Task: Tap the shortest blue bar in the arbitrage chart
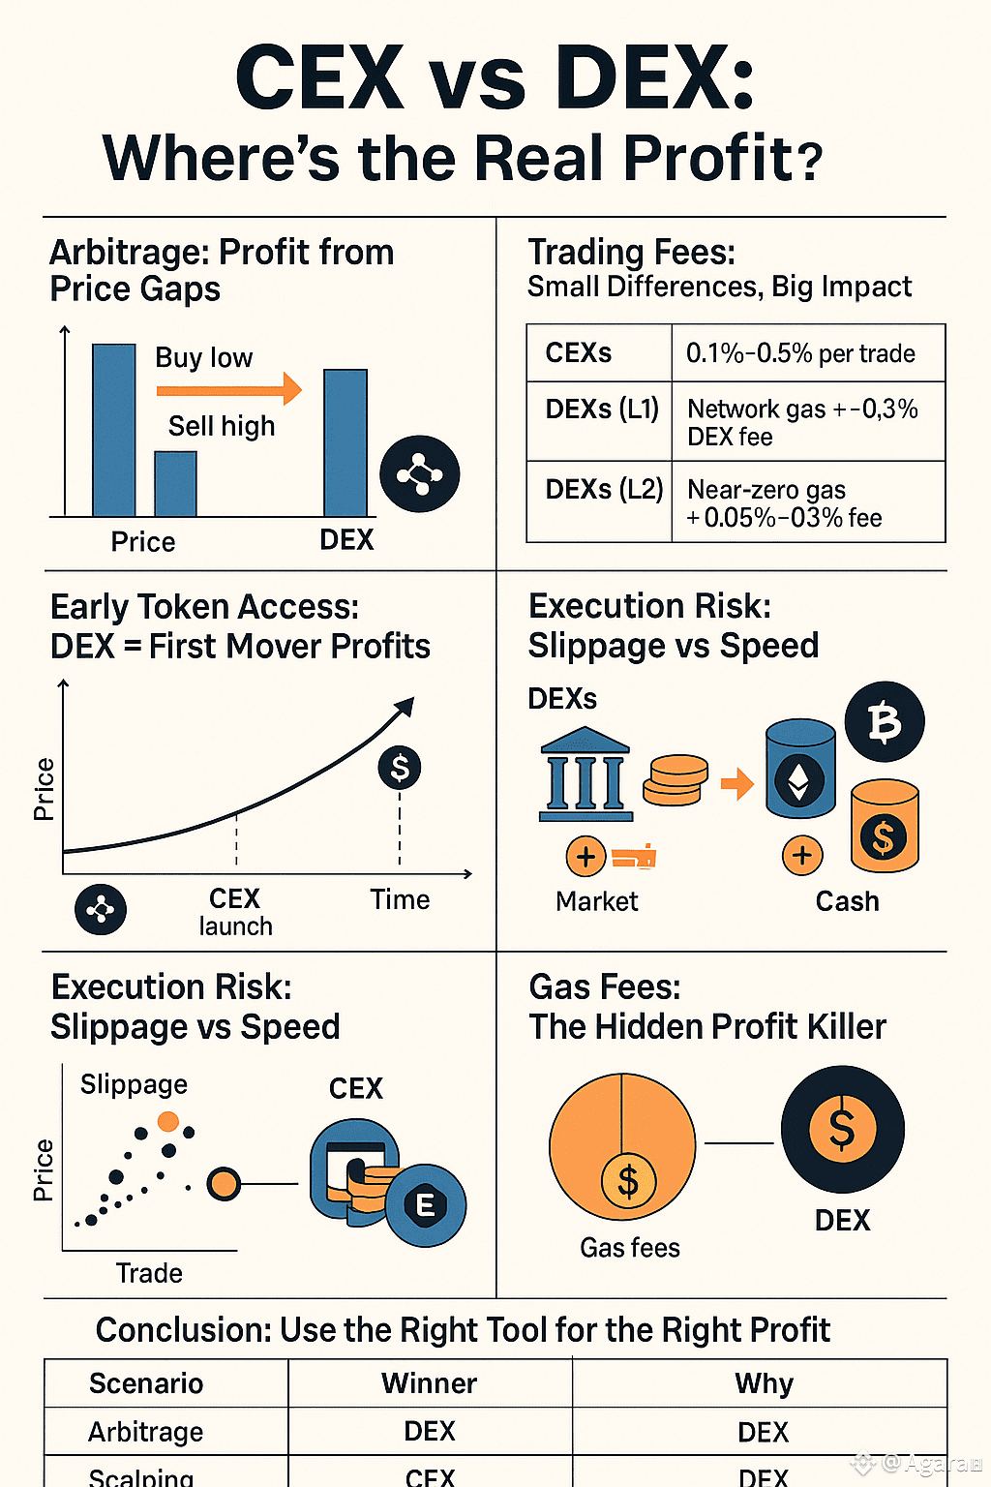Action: click(175, 484)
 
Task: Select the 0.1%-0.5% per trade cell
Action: click(800, 353)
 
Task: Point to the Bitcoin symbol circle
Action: click(885, 722)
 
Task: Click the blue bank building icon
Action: click(586, 774)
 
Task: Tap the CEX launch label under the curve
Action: click(235, 912)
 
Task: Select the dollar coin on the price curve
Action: click(400, 768)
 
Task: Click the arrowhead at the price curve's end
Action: click(405, 708)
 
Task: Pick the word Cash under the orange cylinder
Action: click(847, 901)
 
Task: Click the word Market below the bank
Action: click(596, 901)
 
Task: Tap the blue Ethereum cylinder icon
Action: click(800, 769)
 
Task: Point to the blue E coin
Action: click(425, 1205)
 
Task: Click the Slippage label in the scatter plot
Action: click(134, 1084)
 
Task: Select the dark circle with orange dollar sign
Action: click(842, 1129)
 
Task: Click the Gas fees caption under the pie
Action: click(629, 1248)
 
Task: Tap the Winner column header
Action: click(429, 1383)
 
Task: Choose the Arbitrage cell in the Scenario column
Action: click(146, 1432)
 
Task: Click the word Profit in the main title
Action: click(707, 158)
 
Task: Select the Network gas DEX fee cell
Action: click(802, 423)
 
